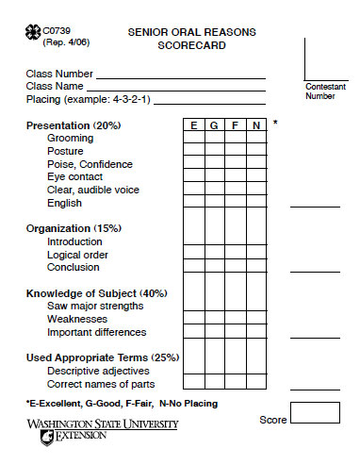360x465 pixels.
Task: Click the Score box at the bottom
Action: tap(314, 413)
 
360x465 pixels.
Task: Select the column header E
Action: tap(193, 125)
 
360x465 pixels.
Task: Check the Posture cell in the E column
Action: tap(193, 151)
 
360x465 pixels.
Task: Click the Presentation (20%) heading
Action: tap(74, 125)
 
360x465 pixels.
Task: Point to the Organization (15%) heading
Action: tap(74, 228)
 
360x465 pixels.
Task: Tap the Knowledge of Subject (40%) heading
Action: tap(95, 293)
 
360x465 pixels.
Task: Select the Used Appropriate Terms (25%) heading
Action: tap(102, 357)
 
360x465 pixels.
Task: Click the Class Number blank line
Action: tap(179, 74)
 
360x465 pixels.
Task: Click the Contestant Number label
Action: tap(325, 91)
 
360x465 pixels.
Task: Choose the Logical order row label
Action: tap(77, 255)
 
